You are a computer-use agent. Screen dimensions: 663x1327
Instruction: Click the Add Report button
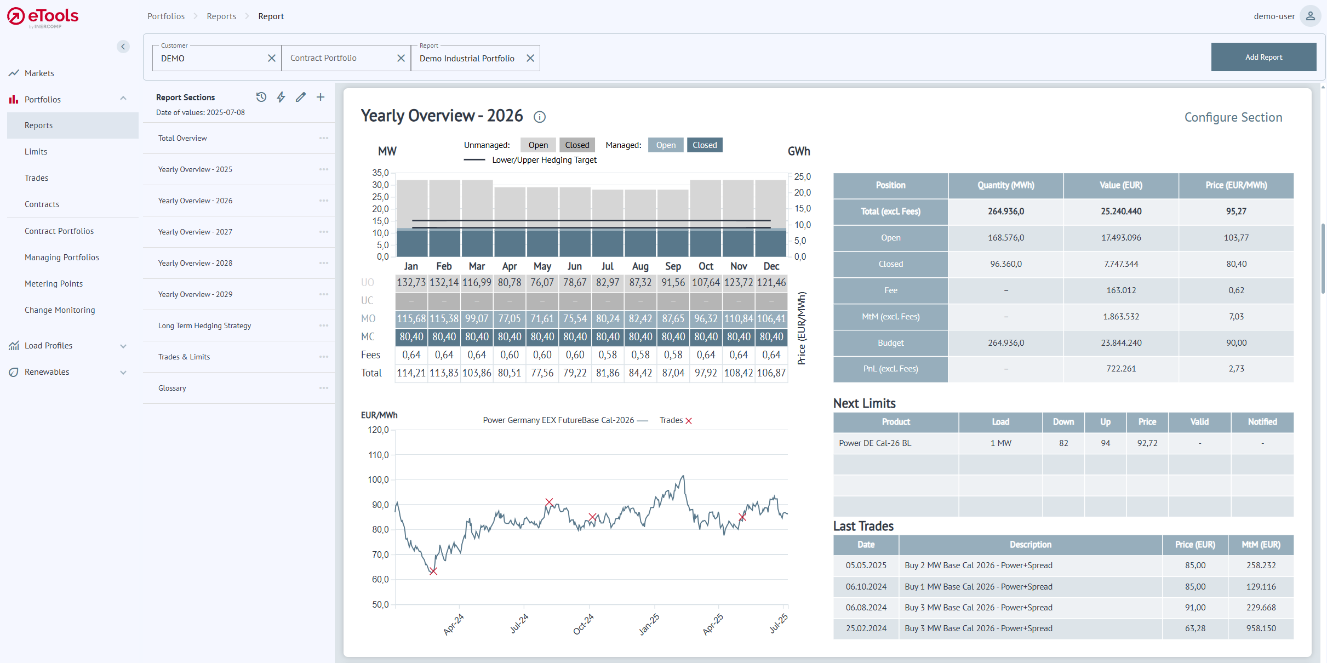point(1263,57)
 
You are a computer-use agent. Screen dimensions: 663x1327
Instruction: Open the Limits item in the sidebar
point(36,152)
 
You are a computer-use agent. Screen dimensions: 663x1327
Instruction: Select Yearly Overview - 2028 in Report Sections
point(195,263)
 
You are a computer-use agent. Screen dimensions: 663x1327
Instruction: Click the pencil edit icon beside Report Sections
point(300,97)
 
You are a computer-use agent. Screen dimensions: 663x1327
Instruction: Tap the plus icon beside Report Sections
point(321,97)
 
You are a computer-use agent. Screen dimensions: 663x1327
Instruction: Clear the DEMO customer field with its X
point(271,58)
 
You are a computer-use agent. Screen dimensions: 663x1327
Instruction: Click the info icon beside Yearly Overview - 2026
point(540,117)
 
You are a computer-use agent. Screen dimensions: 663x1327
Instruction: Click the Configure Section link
point(1233,117)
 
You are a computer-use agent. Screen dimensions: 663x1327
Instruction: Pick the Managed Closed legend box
point(704,145)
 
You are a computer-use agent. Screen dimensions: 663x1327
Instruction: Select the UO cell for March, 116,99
point(476,282)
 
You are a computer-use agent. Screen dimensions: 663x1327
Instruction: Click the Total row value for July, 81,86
point(607,373)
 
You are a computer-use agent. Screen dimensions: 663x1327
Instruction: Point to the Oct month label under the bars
point(706,266)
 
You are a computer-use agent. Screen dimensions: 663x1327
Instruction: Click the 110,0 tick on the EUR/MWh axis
point(378,455)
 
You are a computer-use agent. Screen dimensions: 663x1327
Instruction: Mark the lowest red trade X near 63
point(433,571)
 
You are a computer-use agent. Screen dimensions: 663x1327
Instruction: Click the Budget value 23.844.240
point(1121,343)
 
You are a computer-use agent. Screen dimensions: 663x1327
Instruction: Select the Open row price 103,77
point(1236,238)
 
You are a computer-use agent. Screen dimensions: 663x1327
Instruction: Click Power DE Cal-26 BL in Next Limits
point(875,443)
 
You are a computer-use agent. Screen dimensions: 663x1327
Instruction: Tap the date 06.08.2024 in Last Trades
point(866,607)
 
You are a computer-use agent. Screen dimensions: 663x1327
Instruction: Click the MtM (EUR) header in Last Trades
point(1261,545)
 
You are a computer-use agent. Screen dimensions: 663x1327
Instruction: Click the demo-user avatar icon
point(1310,16)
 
